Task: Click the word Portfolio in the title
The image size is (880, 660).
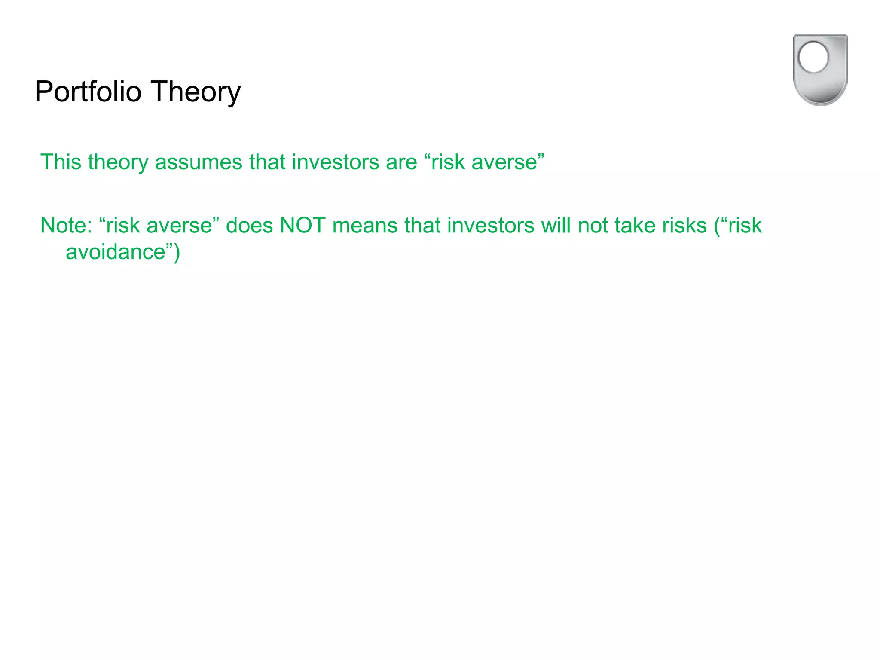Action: pyautogui.click(x=88, y=92)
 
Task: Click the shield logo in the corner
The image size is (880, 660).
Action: pyautogui.click(x=820, y=70)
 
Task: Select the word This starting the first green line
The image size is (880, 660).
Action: pyautogui.click(x=61, y=162)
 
